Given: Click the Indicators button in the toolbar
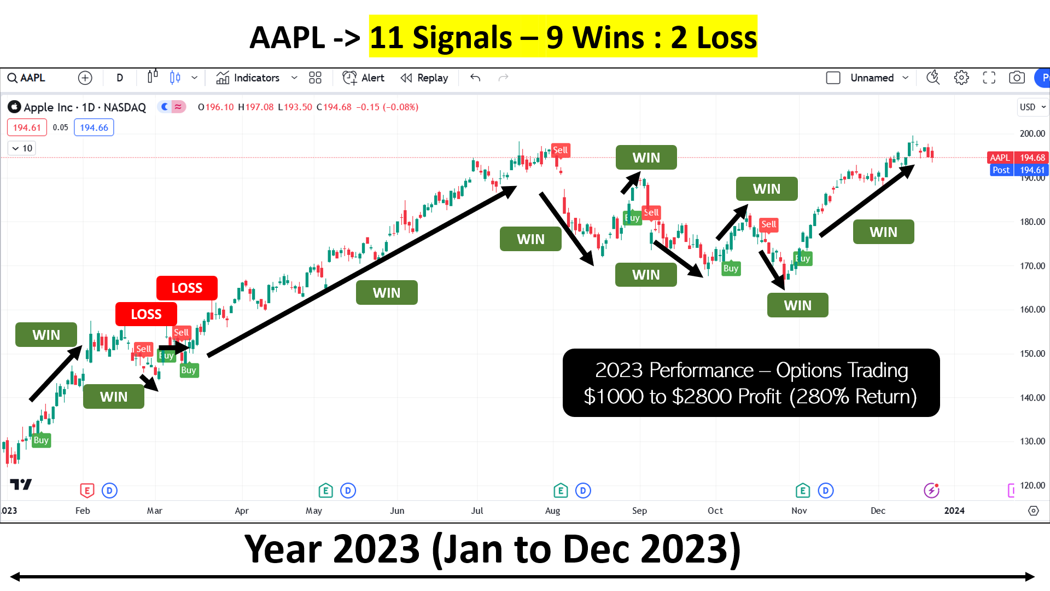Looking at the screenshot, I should (x=248, y=78).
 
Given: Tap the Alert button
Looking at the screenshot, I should (x=364, y=78).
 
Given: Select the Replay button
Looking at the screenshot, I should (x=424, y=78).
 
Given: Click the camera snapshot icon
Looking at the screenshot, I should (x=1017, y=78).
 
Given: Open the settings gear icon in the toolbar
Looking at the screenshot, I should (x=961, y=78).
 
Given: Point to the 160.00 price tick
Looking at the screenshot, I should (x=1032, y=310).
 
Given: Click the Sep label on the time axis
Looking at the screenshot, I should (x=639, y=511).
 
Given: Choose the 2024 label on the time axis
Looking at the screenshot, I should (x=954, y=511).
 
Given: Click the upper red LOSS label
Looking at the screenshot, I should (x=187, y=288).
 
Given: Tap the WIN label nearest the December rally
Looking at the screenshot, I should (x=883, y=232).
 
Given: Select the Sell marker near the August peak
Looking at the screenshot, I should (x=561, y=150).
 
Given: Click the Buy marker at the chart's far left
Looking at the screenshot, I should (x=41, y=440).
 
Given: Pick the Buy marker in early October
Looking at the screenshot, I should (x=731, y=268).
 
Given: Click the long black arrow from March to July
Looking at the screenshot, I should (x=361, y=271).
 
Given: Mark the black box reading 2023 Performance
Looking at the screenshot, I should (x=751, y=383).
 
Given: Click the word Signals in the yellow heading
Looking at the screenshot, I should (x=462, y=37).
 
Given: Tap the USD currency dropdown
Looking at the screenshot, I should (x=1032, y=107).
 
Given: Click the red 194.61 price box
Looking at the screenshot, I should (x=27, y=128).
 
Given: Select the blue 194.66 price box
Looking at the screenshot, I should (x=94, y=128).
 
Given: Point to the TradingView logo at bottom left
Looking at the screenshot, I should (x=21, y=484).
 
